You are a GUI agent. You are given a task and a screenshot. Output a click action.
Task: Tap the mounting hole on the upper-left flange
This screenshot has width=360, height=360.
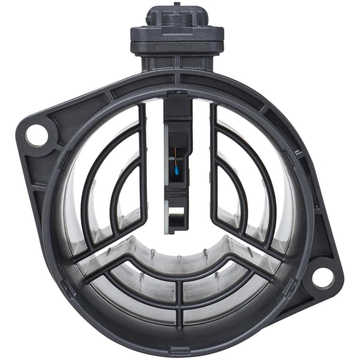point(37,133)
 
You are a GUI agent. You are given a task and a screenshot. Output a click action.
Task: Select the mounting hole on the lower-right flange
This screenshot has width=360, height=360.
point(322,277)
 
